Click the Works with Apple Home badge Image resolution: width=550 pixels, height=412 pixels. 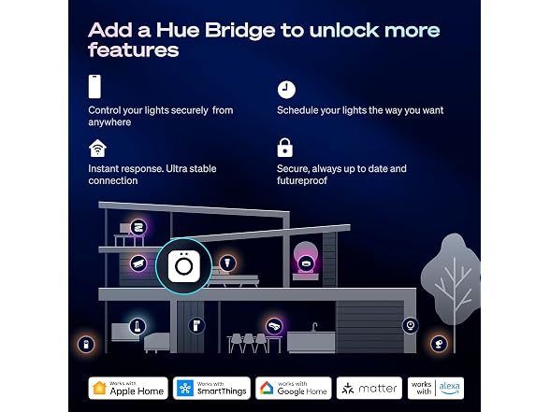pyautogui.click(x=128, y=389)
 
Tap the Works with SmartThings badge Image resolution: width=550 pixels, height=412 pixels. pyautogui.click(x=211, y=389)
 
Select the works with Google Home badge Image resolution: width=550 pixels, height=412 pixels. pyautogui.click(x=294, y=389)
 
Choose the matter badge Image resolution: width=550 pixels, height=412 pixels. pyautogui.click(x=369, y=389)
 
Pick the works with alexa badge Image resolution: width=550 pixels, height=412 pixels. pyautogui.click(x=436, y=389)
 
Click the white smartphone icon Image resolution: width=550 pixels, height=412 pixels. pyautogui.click(x=94, y=87)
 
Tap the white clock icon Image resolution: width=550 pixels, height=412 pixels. pyautogui.click(x=286, y=90)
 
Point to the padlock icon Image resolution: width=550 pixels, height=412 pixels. pyautogui.click(x=284, y=148)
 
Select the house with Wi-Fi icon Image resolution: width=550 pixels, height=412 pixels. pyautogui.click(x=97, y=149)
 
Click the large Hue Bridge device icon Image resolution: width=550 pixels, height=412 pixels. pyautogui.click(x=183, y=266)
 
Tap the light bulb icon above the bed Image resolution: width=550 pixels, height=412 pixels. pyautogui.click(x=227, y=263)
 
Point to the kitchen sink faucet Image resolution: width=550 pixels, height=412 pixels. pyautogui.click(x=314, y=327)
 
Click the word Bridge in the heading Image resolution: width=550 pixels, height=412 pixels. pyautogui.click(x=240, y=30)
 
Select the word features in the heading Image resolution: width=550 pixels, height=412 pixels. pyautogui.click(x=134, y=50)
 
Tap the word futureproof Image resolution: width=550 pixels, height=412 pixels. pyautogui.click(x=302, y=181)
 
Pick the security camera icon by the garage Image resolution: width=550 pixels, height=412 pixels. pyautogui.click(x=410, y=325)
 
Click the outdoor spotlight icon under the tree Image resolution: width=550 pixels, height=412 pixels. pyautogui.click(x=439, y=344)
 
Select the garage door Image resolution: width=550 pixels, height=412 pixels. pyautogui.click(x=370, y=327)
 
